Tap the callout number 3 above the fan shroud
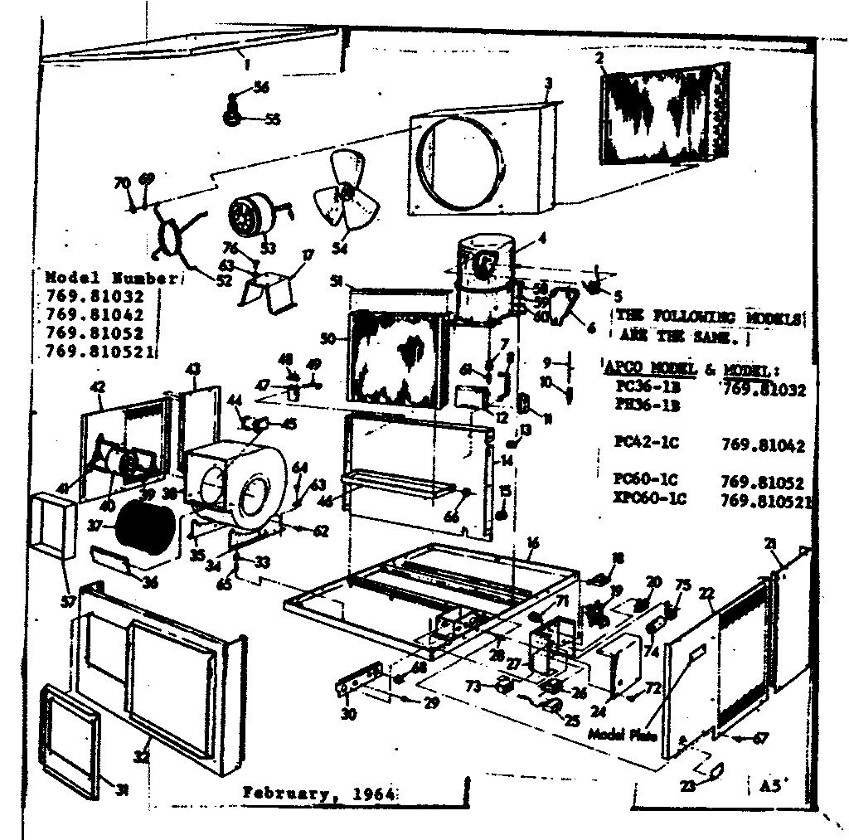pos(548,83)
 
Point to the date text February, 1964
pos(318,792)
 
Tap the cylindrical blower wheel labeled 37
pos(146,527)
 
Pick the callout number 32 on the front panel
pos(142,755)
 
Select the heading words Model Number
pos(110,278)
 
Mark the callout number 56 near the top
pos(262,88)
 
